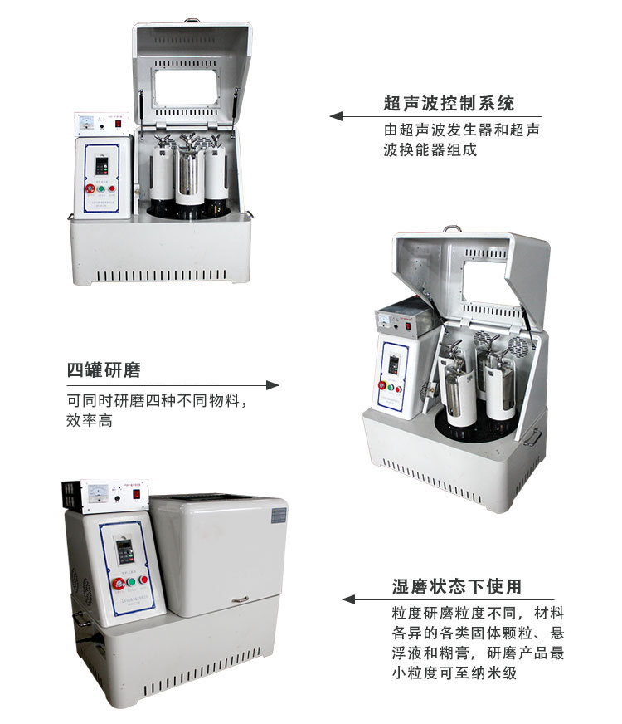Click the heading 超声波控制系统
coord(449,104)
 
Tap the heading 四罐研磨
coord(104,370)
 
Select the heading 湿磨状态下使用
coord(457,587)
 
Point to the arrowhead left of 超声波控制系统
coord(336,116)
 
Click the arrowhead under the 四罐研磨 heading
coord(273,385)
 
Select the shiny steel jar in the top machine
coord(191,172)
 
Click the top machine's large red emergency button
coord(91,188)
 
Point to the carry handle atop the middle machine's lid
coord(451,228)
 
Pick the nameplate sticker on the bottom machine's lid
coord(278,515)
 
